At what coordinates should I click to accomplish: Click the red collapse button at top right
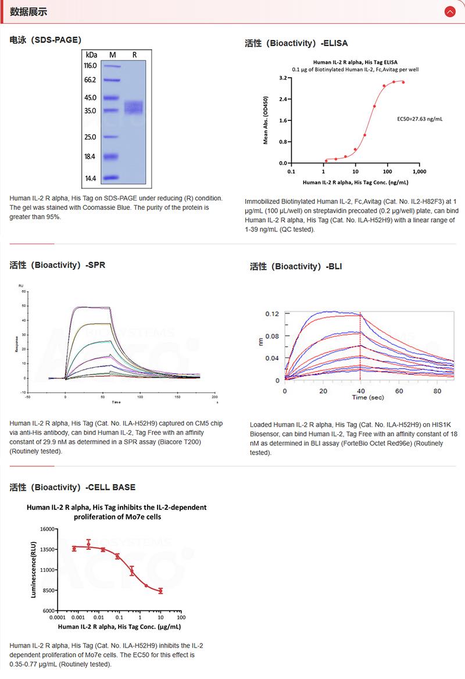(x=449, y=12)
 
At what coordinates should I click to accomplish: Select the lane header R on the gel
(x=134, y=54)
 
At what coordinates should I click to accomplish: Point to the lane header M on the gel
(x=113, y=54)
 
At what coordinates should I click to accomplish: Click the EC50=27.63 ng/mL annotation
(x=419, y=119)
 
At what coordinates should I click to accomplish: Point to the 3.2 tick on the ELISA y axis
(x=283, y=77)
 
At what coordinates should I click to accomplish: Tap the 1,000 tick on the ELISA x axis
(x=419, y=172)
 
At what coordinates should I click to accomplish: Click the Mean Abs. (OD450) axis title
(x=266, y=121)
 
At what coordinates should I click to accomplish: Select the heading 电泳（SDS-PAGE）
(x=45, y=40)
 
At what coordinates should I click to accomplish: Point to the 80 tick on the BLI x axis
(x=437, y=391)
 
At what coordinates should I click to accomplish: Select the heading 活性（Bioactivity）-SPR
(x=58, y=265)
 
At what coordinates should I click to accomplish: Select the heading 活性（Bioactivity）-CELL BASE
(x=73, y=487)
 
